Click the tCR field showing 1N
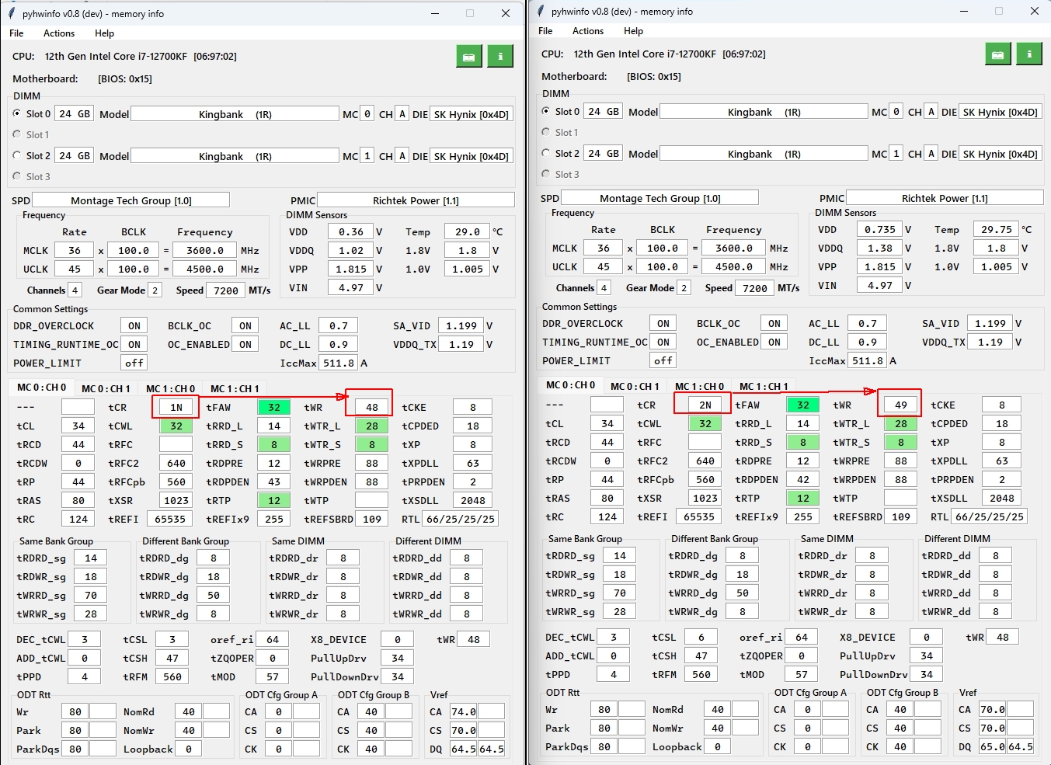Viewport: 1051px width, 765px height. coord(176,407)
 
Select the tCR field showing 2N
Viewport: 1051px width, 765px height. coord(705,405)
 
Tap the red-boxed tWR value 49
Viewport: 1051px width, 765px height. coord(900,405)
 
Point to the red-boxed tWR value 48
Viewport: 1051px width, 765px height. coord(371,407)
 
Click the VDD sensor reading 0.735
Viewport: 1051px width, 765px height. coord(879,229)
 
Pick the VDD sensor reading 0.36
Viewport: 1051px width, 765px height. coord(350,231)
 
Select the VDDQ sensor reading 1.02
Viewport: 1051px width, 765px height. coord(350,250)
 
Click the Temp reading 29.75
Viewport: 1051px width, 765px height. coord(996,229)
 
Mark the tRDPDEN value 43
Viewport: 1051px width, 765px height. coord(274,482)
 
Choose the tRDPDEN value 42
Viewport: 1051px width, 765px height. coord(803,479)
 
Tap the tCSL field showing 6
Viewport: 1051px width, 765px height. coord(701,637)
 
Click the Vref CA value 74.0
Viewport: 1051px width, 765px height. coord(463,711)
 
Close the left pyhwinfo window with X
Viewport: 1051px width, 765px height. coord(506,13)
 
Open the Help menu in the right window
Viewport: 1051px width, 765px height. coord(633,31)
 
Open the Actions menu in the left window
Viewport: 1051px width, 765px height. coord(59,33)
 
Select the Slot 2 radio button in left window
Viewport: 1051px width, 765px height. coord(17,155)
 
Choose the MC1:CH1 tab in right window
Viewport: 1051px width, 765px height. coord(764,386)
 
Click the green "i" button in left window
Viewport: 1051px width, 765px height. coord(500,56)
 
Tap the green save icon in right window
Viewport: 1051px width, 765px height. coord(997,54)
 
